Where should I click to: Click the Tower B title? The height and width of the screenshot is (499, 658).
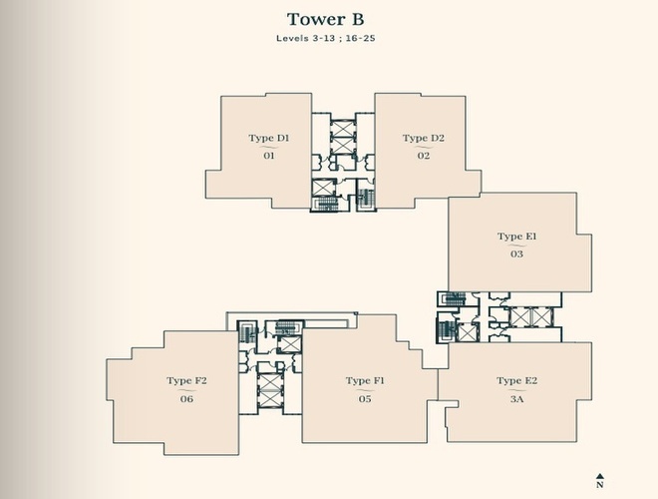325,19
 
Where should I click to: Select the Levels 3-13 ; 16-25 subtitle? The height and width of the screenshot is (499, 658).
326,38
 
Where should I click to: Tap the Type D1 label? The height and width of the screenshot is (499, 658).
268,138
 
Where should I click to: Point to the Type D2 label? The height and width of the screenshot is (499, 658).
423,138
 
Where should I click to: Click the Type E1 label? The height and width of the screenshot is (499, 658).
517,237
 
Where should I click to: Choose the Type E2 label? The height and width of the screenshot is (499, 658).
517,381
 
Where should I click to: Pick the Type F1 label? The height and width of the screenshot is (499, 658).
365,381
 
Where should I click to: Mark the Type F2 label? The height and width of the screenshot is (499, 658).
186,381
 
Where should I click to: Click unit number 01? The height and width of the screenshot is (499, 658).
269,156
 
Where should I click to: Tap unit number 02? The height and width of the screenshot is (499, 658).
424,156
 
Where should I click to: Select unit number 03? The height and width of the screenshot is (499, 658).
517,254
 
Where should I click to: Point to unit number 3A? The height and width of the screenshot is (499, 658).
517,399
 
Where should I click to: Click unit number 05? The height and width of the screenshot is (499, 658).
365,399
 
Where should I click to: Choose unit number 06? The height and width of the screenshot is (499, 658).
186,399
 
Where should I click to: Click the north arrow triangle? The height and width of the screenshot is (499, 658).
600,476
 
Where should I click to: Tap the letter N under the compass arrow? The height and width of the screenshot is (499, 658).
600,485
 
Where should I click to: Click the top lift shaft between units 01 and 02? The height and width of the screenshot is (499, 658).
343,129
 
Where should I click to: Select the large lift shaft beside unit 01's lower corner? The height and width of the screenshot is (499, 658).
324,188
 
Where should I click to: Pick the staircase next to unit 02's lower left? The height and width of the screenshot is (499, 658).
366,198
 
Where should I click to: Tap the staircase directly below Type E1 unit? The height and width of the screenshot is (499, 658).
454,299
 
